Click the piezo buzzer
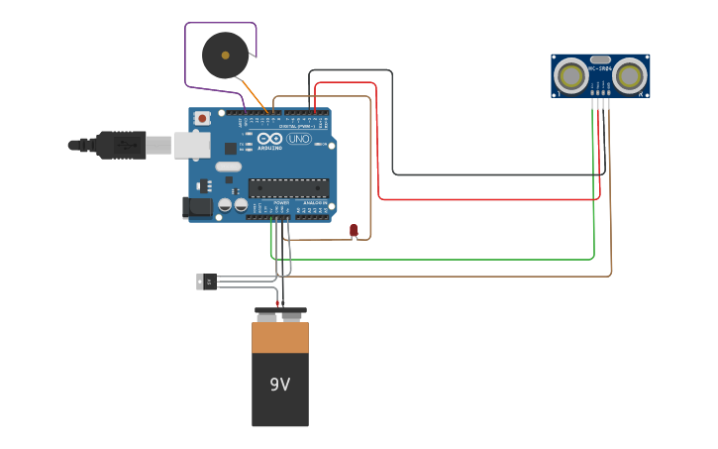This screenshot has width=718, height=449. tap(225, 56)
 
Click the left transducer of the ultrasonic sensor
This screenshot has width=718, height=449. tap(569, 75)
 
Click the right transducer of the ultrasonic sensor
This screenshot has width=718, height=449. tap(629, 75)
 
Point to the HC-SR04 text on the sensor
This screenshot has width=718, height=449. tap(599, 68)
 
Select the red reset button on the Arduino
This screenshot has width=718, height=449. tap(203, 118)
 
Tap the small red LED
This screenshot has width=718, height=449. tap(354, 230)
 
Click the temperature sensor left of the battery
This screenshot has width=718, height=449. tap(206, 281)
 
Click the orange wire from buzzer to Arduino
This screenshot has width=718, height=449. tap(256, 97)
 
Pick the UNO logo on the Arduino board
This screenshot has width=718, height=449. tap(298, 140)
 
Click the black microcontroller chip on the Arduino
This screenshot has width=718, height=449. tap(288, 187)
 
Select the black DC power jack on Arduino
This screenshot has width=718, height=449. tap(196, 207)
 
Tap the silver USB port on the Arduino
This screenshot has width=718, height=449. tap(192, 145)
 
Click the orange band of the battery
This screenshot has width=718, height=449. tap(279, 338)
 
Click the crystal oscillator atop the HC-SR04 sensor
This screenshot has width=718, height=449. tap(599, 58)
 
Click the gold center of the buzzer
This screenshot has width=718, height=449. tap(226, 56)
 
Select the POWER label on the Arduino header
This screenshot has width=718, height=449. tap(281, 202)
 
